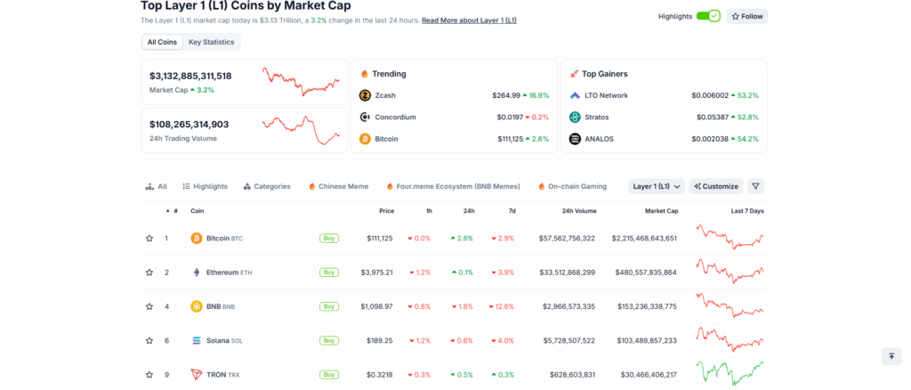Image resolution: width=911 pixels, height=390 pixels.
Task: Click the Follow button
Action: [x=746, y=16]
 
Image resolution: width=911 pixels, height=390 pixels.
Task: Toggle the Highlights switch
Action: [x=708, y=16]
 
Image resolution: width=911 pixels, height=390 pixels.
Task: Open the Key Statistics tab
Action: [x=211, y=42]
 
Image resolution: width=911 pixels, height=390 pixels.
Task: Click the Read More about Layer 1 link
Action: [x=469, y=20]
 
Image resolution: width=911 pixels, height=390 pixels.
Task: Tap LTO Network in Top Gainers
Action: [x=606, y=95]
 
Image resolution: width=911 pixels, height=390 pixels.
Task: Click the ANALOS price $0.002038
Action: [x=708, y=139]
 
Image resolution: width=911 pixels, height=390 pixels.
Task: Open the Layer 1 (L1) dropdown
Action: [x=657, y=186]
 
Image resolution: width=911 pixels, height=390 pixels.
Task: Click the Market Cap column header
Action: [x=661, y=211]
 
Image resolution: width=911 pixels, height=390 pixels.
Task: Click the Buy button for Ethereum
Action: [x=329, y=272]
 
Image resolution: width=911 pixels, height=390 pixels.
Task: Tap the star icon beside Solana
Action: [x=149, y=340]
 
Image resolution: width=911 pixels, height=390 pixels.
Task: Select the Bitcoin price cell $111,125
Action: [x=379, y=239]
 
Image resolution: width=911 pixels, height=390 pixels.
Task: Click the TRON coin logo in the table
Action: [x=197, y=375]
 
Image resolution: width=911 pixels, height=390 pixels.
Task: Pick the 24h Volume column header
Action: [x=579, y=211]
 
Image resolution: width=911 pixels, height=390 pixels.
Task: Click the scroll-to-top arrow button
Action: [x=891, y=356]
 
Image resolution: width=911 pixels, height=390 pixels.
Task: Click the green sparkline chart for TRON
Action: [x=730, y=371]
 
